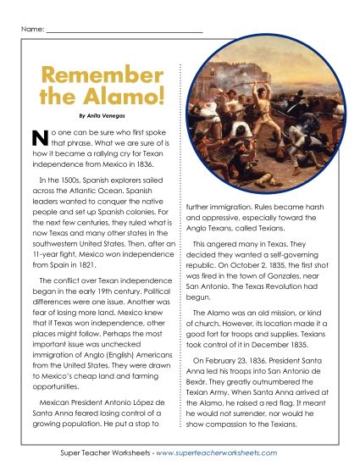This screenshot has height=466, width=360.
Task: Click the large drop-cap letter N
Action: [37, 138]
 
